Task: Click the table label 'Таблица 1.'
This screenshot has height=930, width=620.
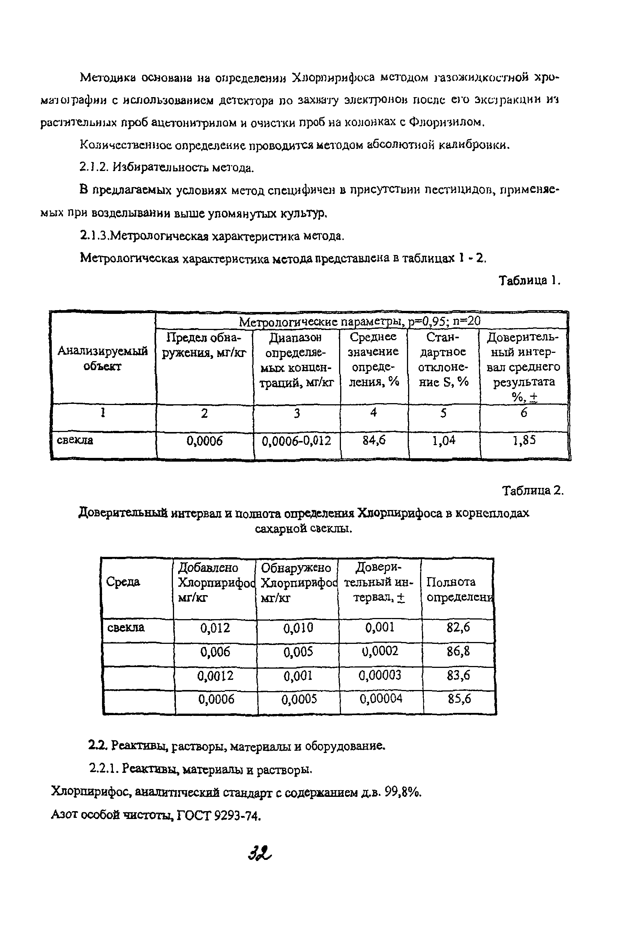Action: pyautogui.click(x=529, y=280)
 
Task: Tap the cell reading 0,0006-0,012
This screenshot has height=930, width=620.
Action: pyautogui.click(x=297, y=441)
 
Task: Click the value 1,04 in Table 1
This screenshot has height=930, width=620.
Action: pyautogui.click(x=444, y=440)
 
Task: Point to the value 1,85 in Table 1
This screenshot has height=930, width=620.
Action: pyautogui.click(x=524, y=440)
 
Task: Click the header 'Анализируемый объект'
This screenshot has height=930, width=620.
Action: pyautogui.click(x=103, y=358)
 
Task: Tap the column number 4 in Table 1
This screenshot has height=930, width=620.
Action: pyautogui.click(x=373, y=412)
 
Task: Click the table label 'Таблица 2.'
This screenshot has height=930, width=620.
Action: pyautogui.click(x=532, y=491)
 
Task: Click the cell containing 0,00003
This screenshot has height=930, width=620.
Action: pyautogui.click(x=380, y=675)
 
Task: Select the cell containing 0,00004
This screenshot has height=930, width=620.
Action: pyautogui.click(x=381, y=699)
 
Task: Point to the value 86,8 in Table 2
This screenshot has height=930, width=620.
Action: pyautogui.click(x=458, y=651)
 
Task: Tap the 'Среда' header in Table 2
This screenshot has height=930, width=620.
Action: pyautogui.click(x=123, y=582)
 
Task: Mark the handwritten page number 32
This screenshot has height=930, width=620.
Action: pyautogui.click(x=260, y=855)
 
